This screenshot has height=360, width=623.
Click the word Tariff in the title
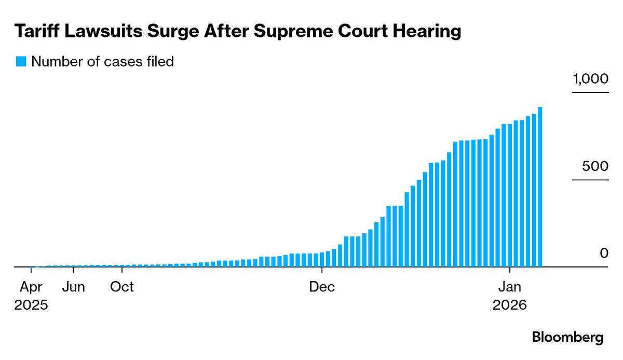37,31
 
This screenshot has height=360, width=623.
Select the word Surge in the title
173,31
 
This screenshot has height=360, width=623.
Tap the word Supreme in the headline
293,32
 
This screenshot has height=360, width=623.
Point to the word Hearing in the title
427,31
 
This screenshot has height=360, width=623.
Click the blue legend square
21,61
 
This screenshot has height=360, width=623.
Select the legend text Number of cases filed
102,61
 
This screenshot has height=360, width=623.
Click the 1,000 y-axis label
590,79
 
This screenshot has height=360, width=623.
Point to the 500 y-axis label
595,166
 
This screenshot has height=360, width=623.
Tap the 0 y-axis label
604,253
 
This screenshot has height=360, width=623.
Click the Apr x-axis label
31,287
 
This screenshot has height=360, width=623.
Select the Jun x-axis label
73,287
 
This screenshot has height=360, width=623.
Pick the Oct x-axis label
122,287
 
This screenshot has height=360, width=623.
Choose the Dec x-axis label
322,287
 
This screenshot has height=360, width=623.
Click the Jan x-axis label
509,287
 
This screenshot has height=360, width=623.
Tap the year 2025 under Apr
31,305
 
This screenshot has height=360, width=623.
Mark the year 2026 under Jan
509,305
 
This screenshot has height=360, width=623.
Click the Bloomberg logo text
567,338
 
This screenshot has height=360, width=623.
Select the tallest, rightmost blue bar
540,187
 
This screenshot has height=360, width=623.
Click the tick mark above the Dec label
322,270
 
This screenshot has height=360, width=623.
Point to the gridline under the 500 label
590,180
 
